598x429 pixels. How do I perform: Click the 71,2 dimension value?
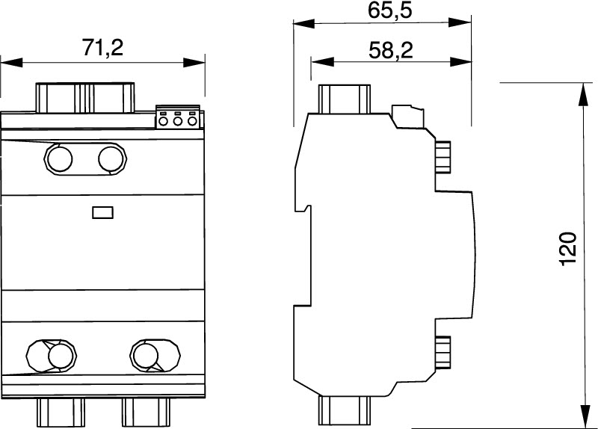pos(103,48)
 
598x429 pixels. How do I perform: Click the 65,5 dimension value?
pos(390,10)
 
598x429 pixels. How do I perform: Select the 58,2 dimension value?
pos(391,50)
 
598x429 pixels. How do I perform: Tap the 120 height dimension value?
pos(567,249)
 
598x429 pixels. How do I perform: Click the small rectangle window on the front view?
pos(103,212)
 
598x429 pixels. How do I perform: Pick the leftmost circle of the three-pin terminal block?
pos(163,121)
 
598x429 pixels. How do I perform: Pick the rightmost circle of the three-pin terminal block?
pos(192,121)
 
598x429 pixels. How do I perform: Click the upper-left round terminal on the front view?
pos(59,159)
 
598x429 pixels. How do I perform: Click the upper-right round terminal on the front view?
pos(112,159)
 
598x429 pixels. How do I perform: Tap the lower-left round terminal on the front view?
pos(61,357)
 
